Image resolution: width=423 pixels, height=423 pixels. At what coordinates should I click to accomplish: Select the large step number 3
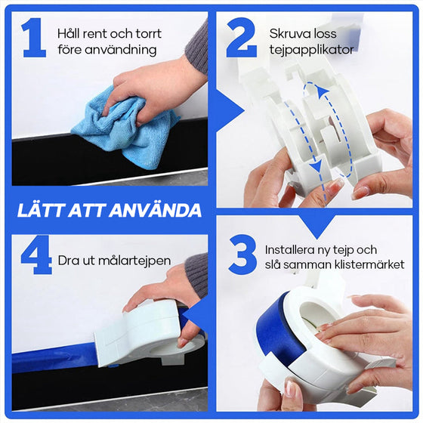[242, 258]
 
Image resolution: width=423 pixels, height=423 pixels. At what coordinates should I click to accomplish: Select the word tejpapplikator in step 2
[311, 50]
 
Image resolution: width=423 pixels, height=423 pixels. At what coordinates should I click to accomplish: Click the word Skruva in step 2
[288, 34]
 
